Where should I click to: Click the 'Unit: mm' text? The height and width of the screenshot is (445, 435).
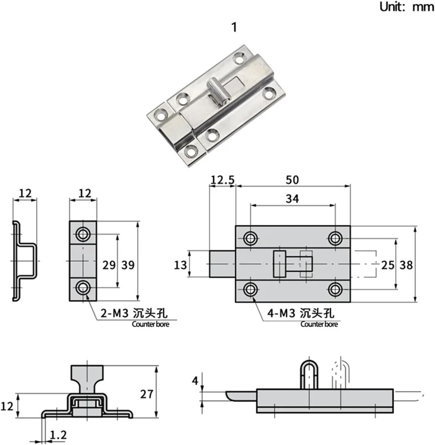pyautogui.click(x=406, y=7)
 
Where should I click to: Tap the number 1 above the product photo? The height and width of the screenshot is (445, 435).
pyautogui.click(x=234, y=27)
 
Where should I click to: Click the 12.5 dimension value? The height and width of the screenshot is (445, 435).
pyautogui.click(x=223, y=180)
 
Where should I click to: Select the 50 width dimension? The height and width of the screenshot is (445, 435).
pyautogui.click(x=292, y=180)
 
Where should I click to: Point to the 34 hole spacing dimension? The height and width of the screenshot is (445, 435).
pyautogui.click(x=292, y=199)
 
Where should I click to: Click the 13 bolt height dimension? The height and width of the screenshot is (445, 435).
pyautogui.click(x=180, y=265)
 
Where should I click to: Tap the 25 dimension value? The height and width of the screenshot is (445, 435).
pyautogui.click(x=388, y=265)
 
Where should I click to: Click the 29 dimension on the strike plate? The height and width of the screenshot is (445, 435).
pyautogui.click(x=109, y=265)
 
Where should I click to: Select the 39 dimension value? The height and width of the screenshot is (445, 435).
pyautogui.click(x=128, y=265)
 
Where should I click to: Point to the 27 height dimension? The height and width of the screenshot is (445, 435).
pyautogui.click(x=146, y=394)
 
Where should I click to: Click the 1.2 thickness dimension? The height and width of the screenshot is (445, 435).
pyautogui.click(x=58, y=435)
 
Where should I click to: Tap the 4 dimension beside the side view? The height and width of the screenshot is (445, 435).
pyautogui.click(x=195, y=381)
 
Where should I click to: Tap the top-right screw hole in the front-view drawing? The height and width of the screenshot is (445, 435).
pyautogui.click(x=335, y=238)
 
